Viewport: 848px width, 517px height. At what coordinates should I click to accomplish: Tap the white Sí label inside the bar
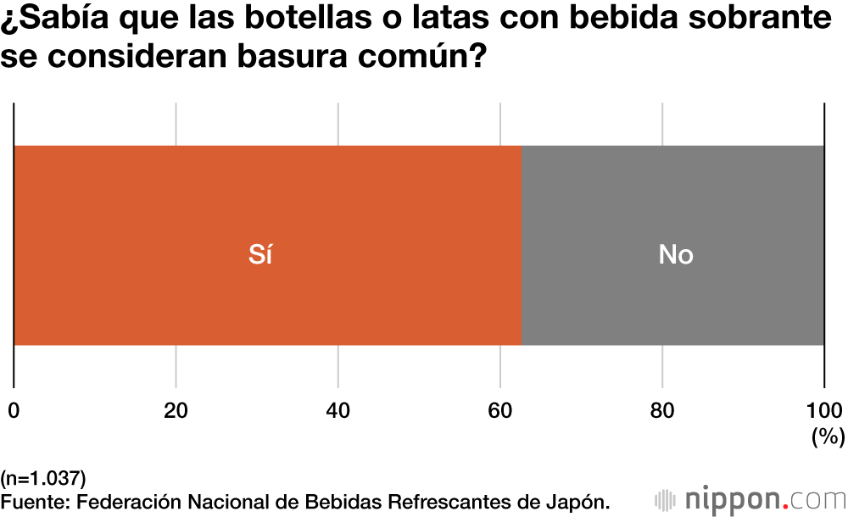pos(260,254)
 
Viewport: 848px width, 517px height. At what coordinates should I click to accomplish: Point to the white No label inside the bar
pos(676,254)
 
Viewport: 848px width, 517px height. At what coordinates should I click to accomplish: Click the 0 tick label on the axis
pos(14,411)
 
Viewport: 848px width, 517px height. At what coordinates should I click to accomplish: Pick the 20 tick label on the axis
pos(176,411)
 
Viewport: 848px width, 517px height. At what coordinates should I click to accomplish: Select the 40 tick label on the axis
pos(338,411)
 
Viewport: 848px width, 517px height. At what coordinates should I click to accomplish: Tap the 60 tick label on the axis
pos(500,411)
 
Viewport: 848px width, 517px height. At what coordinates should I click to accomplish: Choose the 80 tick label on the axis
pos(662,411)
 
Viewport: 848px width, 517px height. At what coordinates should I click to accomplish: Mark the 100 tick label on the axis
pos(823,411)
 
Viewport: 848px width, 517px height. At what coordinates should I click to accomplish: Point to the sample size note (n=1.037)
pos(43,477)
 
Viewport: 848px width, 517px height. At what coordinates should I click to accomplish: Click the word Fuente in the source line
pos(36,501)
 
